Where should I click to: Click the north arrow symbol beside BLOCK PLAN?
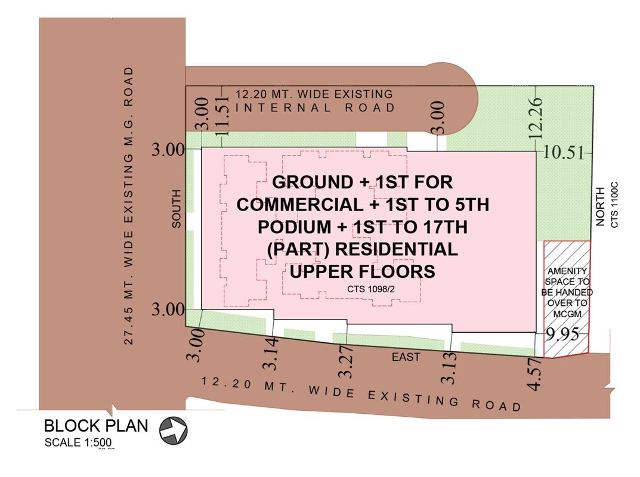tap(173, 430)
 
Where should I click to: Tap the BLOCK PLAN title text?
tap(96, 426)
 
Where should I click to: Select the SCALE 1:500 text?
tap(78, 442)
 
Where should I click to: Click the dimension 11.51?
tap(222, 116)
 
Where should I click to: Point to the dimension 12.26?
tap(535, 118)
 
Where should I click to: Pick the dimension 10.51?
tap(564, 153)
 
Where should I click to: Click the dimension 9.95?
tap(563, 334)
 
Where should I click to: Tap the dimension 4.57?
tap(534, 373)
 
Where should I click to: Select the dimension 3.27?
tap(346, 361)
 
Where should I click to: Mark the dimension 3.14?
tap(271, 354)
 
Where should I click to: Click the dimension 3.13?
tap(448, 368)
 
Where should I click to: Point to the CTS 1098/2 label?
tap(371, 289)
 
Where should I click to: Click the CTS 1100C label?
tap(614, 205)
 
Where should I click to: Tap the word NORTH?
tap(600, 206)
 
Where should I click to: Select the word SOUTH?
tap(176, 209)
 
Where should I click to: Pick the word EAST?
tap(406, 357)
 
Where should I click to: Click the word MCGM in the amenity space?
tap(567, 314)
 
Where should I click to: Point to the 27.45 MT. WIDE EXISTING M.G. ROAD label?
tap(129, 206)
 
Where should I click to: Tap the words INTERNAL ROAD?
tap(315, 108)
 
